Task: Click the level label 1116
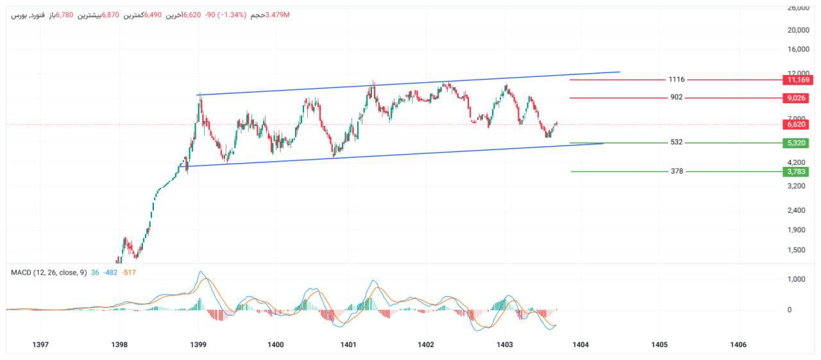tap(676, 80)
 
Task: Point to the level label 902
tap(676, 98)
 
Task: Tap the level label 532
tap(676, 142)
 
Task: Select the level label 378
tap(676, 171)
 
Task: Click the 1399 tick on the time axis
tap(198, 345)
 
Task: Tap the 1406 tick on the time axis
tap(738, 345)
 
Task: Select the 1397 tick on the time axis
tap(40, 345)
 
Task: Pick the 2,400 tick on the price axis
tap(797, 210)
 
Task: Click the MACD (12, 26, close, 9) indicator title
tap(48, 273)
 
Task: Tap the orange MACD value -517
tap(129, 273)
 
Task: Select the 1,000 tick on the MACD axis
tap(797, 279)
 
